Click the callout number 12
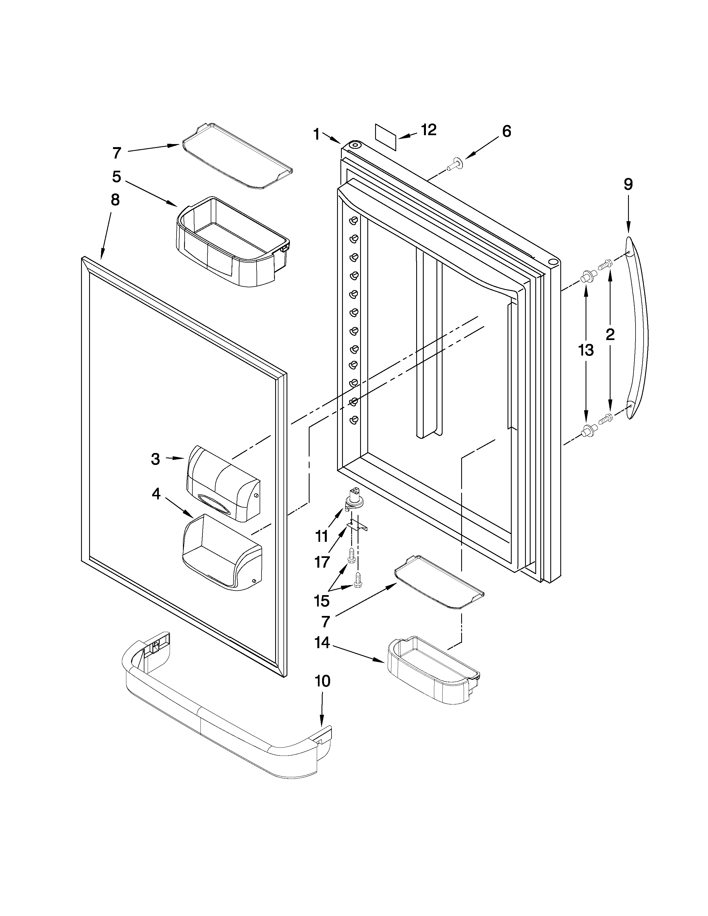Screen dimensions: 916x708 [x=429, y=130]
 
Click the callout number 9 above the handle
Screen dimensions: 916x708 [x=628, y=185]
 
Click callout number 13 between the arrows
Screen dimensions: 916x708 [x=586, y=349]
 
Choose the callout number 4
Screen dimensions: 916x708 [x=156, y=494]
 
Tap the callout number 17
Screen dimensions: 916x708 [x=322, y=562]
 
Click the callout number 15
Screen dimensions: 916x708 [x=322, y=601]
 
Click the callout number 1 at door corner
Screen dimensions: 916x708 [x=317, y=135]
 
